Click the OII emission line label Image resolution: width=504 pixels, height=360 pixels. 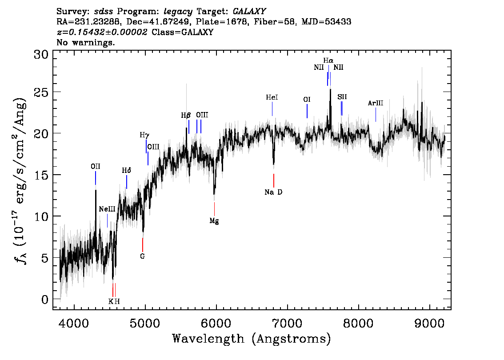(x=95, y=167)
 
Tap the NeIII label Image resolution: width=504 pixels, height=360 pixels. (x=107, y=209)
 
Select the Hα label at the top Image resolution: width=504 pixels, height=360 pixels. (x=328, y=60)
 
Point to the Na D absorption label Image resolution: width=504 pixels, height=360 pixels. (x=273, y=192)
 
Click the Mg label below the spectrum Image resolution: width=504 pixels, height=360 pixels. (x=214, y=220)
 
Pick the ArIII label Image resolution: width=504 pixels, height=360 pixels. (x=375, y=104)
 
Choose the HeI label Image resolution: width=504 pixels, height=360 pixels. (x=272, y=97)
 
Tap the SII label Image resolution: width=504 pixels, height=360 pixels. (x=342, y=96)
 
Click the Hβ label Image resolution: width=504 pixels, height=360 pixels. (x=186, y=116)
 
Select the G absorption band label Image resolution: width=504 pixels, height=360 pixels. (x=142, y=256)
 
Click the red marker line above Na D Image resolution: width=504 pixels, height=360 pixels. (x=274, y=180)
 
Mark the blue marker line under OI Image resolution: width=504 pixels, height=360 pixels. (x=307, y=111)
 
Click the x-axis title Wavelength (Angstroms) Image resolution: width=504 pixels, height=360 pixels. (x=252, y=339)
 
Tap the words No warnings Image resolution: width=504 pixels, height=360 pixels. (x=86, y=43)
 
